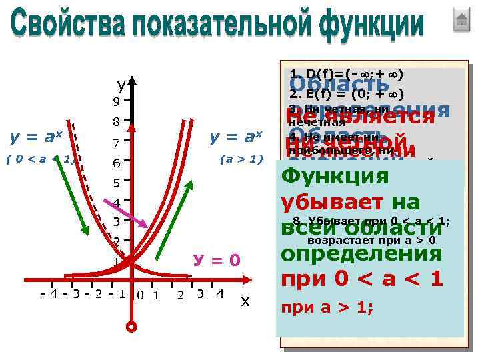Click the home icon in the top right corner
tap(461, 20)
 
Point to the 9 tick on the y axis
tap(116, 103)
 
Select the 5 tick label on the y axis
tap(116, 183)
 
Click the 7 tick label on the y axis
tap(116, 143)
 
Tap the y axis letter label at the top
tap(121, 85)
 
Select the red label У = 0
tap(215, 259)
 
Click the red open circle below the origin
tap(132, 327)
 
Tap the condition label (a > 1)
tap(242, 159)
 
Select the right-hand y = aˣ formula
tap(237, 137)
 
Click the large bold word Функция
tap(335, 177)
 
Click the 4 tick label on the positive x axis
tap(220, 294)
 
